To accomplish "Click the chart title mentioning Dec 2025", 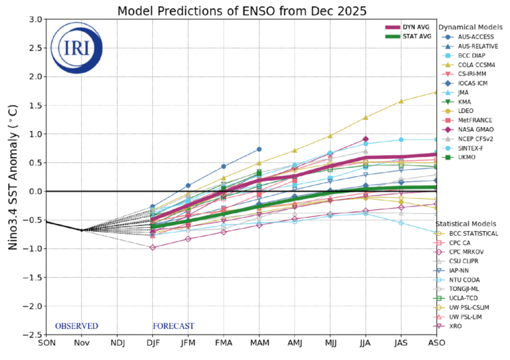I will (x=242, y=11).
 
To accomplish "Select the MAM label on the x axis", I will (x=259, y=343).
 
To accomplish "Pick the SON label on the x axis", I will (x=47, y=343).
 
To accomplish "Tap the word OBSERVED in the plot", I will (x=76, y=326).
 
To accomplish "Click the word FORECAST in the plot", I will (x=173, y=326).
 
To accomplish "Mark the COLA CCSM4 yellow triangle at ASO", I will (x=436, y=92).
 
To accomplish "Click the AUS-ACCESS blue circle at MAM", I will (x=259, y=149).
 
